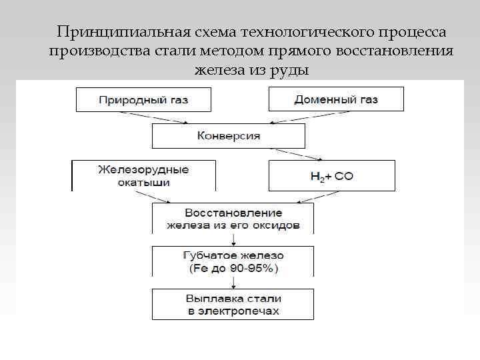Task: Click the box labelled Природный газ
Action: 143,100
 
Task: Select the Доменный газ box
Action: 336,100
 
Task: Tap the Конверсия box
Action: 229,136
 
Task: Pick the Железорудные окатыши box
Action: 143,175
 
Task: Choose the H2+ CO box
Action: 331,176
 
